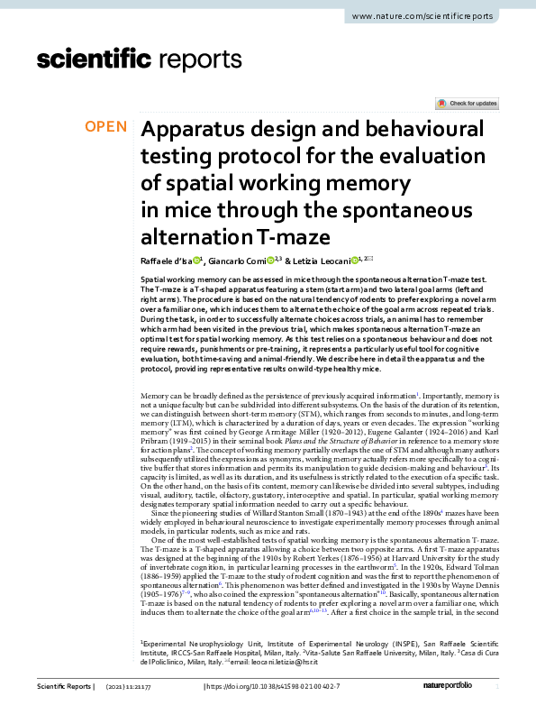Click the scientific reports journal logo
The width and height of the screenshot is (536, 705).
tap(129, 60)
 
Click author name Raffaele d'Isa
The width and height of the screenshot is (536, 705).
tap(165, 260)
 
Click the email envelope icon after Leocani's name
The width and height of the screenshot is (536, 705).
tap(369, 258)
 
